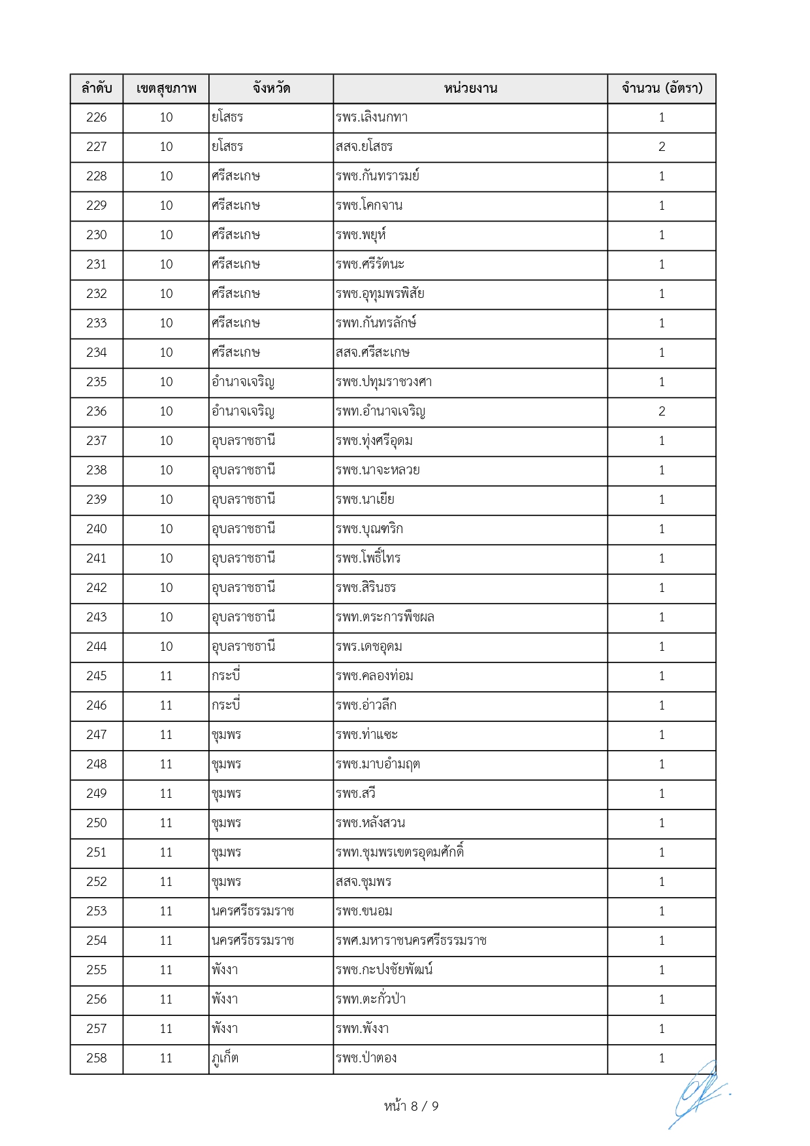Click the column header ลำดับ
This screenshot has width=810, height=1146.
(97, 89)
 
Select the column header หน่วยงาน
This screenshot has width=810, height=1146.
(470, 89)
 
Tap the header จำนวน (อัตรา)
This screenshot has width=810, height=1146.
(662, 89)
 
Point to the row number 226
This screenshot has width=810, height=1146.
(97, 118)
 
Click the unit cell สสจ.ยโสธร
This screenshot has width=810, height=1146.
(364, 147)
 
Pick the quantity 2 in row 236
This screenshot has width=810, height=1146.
(662, 412)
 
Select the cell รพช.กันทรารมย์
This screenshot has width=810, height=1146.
(378, 176)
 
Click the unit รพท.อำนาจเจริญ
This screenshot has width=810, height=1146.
(380, 412)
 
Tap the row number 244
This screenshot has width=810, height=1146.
(97, 647)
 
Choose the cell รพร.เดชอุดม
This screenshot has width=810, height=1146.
(368, 647)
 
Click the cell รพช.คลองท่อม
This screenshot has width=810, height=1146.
(374, 676)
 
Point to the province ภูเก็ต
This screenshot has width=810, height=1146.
(225, 1058)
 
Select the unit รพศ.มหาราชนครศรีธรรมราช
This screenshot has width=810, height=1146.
(411, 941)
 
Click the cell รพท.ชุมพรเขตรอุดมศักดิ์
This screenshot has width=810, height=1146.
(400, 853)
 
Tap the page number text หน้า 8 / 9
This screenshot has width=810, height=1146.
(411, 1106)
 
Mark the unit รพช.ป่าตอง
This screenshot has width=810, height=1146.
(366, 1058)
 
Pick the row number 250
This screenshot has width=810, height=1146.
(97, 823)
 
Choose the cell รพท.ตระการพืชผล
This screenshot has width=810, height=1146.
(385, 617)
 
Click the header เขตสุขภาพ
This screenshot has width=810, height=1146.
(166, 89)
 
